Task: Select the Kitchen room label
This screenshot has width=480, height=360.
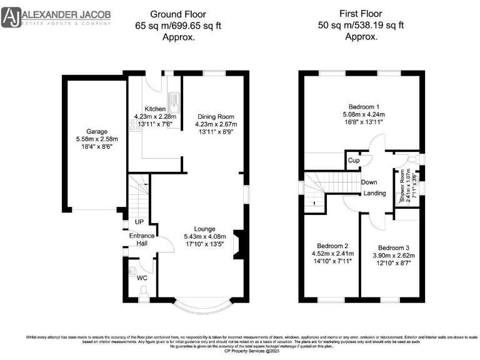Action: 155,109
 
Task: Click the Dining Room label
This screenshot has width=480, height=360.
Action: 215,117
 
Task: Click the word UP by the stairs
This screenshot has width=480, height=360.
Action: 140,222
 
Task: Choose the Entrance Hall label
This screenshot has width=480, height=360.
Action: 141,239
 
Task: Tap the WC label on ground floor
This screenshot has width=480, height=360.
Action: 142,277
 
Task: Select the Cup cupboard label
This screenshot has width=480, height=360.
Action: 354,161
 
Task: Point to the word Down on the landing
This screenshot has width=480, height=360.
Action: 369,182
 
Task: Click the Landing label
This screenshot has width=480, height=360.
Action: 375,193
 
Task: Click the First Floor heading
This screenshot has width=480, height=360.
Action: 360,13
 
